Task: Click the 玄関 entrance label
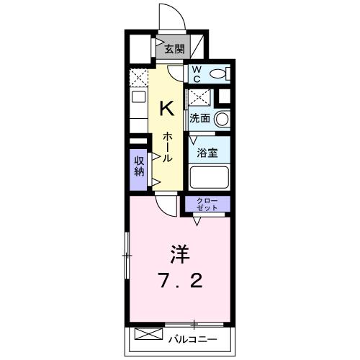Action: click(x=173, y=50)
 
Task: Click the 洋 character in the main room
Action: click(x=180, y=255)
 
